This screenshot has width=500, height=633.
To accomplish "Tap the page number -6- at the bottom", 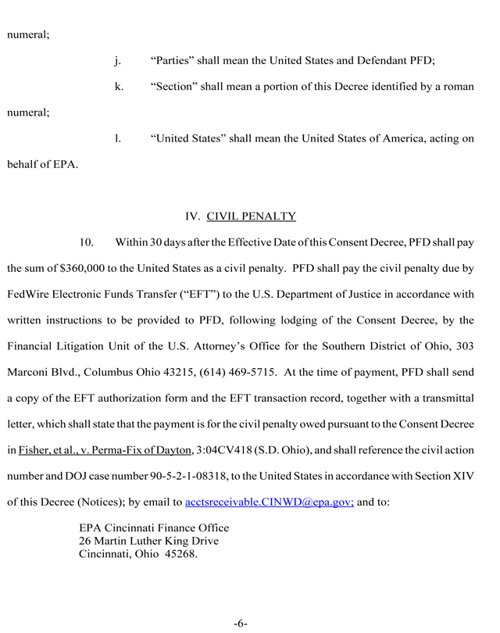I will [x=240, y=623].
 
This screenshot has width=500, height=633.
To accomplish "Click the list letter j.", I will [x=117, y=60].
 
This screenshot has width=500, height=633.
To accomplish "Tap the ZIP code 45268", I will [x=180, y=555].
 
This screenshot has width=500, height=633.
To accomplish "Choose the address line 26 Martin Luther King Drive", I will [x=148, y=541].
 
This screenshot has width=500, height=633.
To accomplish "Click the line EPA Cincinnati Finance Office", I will [x=154, y=527].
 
